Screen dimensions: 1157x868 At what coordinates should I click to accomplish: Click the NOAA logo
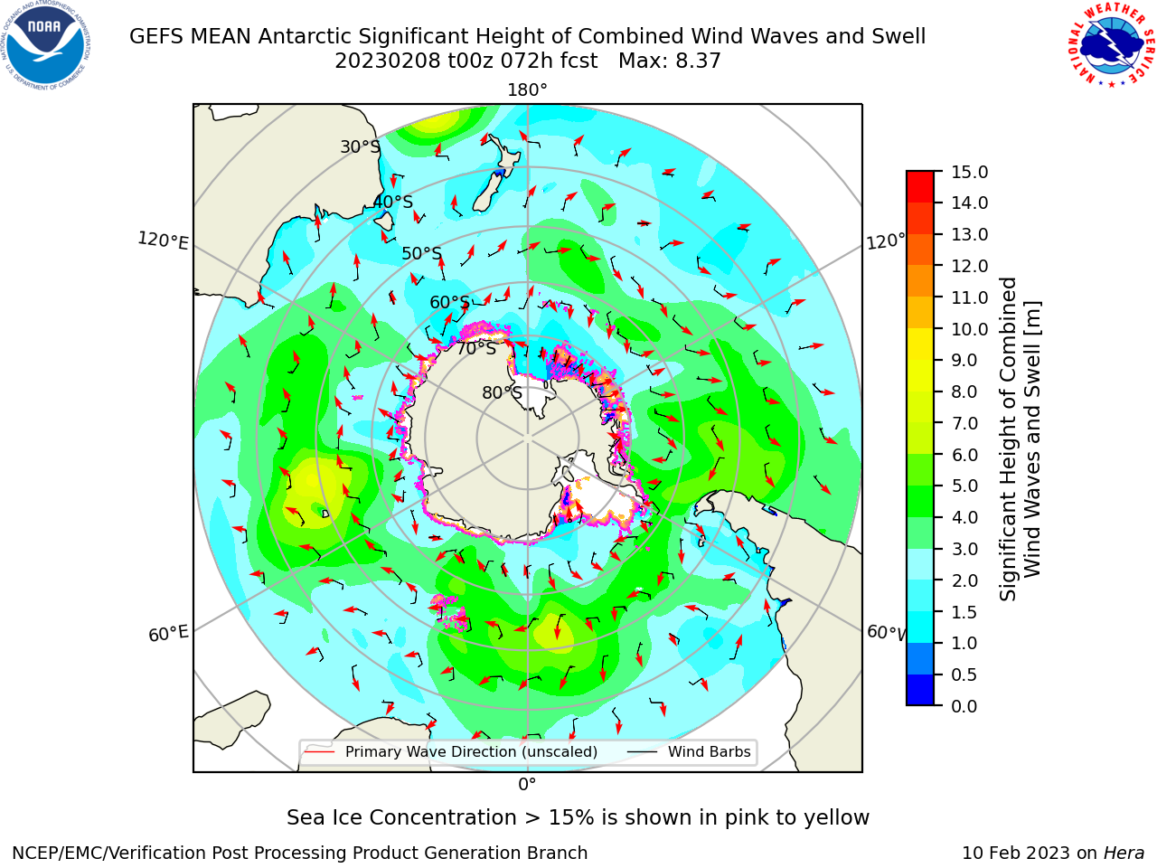click(x=46, y=45)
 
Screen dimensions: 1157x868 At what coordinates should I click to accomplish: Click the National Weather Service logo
click(x=1111, y=45)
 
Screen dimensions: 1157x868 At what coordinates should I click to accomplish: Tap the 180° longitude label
click(x=527, y=90)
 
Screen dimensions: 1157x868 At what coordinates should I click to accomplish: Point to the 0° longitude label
click(x=527, y=785)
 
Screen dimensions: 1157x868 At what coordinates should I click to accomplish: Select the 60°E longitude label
click(x=168, y=634)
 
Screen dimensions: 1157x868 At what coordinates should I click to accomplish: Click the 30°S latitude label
click(x=361, y=146)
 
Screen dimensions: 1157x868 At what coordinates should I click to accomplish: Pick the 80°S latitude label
click(x=502, y=392)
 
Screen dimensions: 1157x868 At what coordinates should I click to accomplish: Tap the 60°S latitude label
click(x=449, y=302)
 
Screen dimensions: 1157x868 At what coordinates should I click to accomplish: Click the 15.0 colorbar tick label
click(x=969, y=172)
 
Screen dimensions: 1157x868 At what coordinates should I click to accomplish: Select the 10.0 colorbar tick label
click(x=969, y=329)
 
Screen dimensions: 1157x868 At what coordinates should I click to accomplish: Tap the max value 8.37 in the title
click(x=698, y=61)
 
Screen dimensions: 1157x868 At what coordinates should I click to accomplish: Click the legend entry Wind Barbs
click(x=709, y=751)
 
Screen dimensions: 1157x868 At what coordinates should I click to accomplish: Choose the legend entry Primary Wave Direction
click(x=471, y=751)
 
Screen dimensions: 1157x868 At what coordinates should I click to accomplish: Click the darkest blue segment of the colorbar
click(x=920, y=690)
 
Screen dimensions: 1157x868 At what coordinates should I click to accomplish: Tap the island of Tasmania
click(x=383, y=221)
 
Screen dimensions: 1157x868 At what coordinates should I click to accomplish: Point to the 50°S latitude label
click(x=422, y=253)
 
